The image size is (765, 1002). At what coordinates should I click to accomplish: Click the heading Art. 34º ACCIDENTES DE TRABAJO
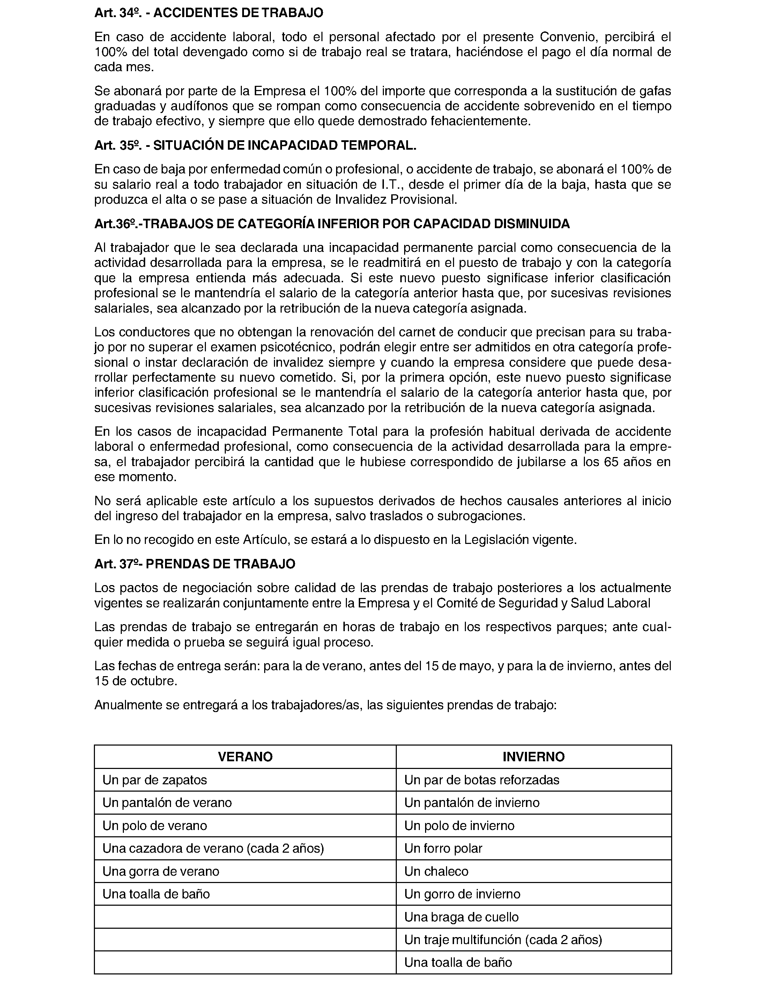pyautogui.click(x=209, y=13)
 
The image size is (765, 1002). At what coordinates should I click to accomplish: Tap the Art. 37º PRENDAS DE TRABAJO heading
pyautogui.click(x=194, y=564)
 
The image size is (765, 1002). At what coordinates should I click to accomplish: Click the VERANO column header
pyautogui.click(x=245, y=757)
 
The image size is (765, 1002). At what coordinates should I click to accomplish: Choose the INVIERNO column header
pyautogui.click(x=533, y=757)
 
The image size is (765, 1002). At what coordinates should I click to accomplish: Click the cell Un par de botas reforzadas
pyautogui.click(x=481, y=780)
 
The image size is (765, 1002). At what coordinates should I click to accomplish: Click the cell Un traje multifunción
pyautogui.click(x=503, y=940)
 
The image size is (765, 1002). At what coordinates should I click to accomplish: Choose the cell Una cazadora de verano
pyautogui.click(x=213, y=848)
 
